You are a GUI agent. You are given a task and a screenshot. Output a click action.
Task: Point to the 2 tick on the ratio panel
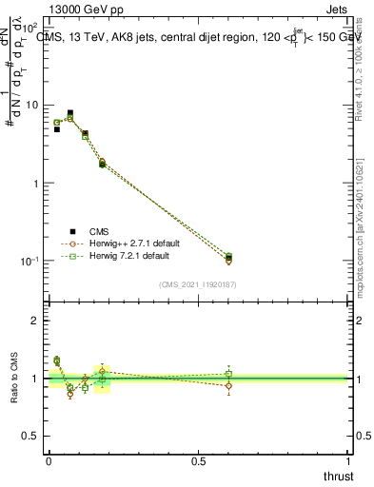pos(35,321)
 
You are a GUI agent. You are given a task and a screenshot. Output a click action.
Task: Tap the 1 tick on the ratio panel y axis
pos(35,379)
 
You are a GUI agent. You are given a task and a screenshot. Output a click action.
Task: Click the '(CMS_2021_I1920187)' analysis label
pos(198,284)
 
